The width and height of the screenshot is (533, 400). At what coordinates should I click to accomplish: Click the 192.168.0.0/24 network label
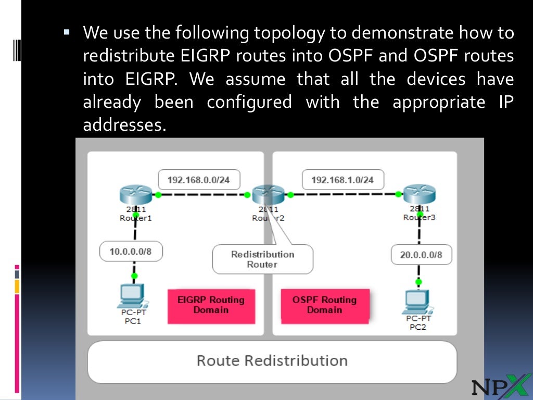(198, 180)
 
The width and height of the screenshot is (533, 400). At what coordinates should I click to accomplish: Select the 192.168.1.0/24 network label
(342, 180)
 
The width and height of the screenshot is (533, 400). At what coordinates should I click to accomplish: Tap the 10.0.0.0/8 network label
(131, 252)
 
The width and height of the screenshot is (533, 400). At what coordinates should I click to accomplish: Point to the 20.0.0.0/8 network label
(421, 255)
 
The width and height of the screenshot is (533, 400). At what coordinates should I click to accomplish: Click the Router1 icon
(135, 195)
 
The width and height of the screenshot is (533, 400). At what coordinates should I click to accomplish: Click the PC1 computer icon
(132, 297)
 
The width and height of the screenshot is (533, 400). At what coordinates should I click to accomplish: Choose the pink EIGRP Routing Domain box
(211, 305)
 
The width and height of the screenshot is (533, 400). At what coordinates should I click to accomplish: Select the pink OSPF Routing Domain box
(324, 305)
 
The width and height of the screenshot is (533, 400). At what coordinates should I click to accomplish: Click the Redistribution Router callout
(262, 259)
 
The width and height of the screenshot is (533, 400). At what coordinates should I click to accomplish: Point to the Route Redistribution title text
(272, 361)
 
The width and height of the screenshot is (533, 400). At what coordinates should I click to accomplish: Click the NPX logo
(498, 386)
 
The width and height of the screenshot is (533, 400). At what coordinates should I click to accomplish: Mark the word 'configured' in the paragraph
(249, 102)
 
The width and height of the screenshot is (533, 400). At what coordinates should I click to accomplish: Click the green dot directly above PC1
(134, 276)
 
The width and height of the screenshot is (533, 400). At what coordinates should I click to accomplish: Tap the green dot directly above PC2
(418, 281)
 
